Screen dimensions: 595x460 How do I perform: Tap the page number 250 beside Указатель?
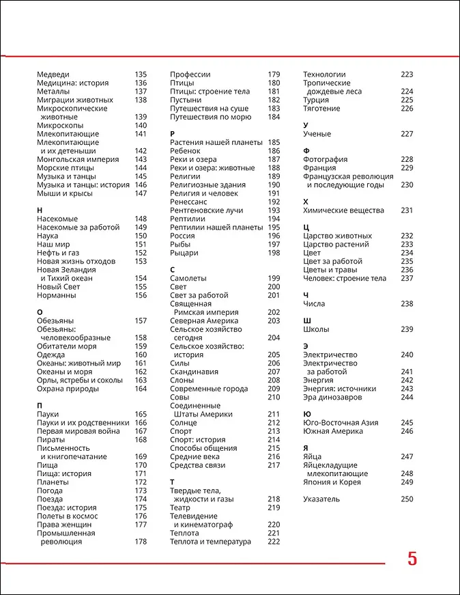click(x=407, y=499)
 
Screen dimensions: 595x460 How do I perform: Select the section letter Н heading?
click(x=40, y=210)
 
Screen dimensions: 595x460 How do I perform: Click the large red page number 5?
click(x=412, y=559)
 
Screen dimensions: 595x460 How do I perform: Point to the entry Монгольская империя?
click(x=78, y=159)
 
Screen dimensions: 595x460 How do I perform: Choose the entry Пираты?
click(x=52, y=439)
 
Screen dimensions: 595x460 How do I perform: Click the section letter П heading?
click(x=40, y=406)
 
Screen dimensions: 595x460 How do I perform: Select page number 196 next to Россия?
click(x=274, y=236)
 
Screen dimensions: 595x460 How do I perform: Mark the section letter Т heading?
click(x=173, y=482)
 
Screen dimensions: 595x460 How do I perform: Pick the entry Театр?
click(x=180, y=508)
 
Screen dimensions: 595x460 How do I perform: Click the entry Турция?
click(x=316, y=100)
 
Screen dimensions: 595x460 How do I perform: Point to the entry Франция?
click(x=319, y=167)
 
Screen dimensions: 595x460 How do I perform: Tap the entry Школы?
click(x=316, y=329)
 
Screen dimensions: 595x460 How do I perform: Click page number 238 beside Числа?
click(x=407, y=303)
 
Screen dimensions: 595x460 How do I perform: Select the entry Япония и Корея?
click(x=332, y=482)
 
